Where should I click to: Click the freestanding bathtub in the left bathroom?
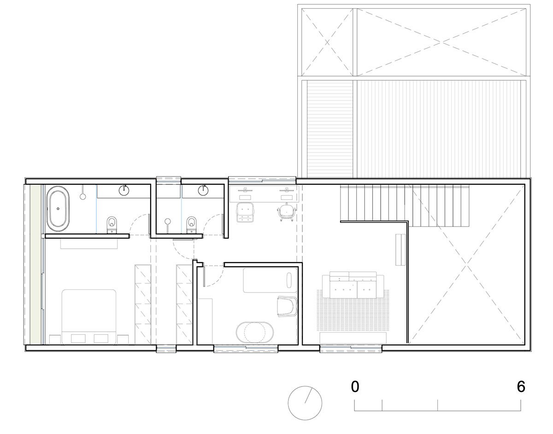[x=58, y=207]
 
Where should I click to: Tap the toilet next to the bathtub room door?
[x=111, y=224]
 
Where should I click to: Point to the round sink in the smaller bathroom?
[x=203, y=189]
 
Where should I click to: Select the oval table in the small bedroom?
[x=255, y=332]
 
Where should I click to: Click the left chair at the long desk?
[x=245, y=213]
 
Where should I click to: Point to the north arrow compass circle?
[x=305, y=402]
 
